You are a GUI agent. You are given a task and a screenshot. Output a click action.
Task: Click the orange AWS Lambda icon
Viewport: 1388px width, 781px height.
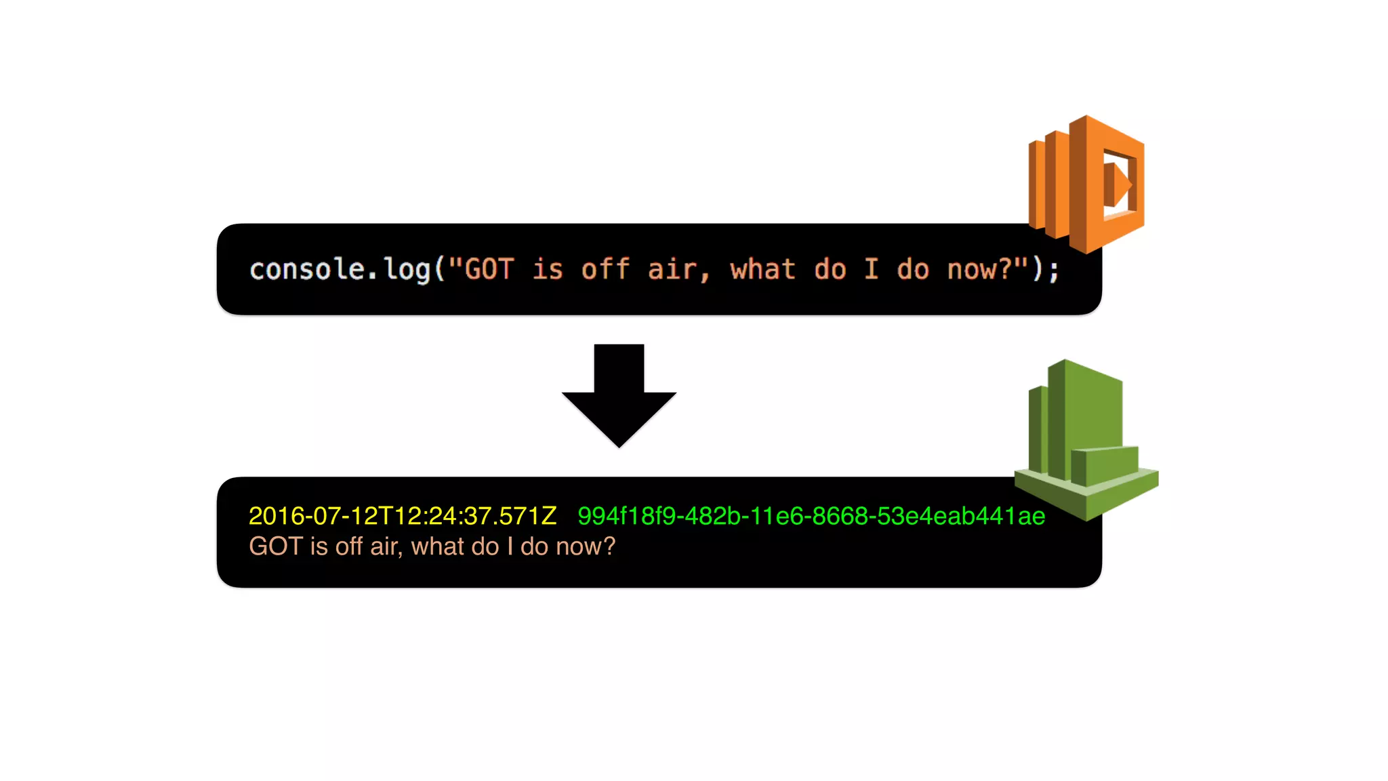1087,184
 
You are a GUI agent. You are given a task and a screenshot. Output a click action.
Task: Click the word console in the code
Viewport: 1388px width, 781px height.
308,269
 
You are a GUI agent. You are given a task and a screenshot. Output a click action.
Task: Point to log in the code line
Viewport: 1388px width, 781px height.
407,270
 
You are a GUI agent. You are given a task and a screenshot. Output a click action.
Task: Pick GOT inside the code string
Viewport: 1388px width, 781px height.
489,269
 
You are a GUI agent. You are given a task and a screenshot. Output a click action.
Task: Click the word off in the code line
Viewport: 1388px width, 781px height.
605,269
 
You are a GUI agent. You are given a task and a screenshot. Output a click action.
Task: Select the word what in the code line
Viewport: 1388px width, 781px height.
762,269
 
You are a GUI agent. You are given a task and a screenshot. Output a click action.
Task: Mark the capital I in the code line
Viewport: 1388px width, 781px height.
872,269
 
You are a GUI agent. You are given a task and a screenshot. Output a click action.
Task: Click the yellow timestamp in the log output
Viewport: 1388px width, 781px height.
403,516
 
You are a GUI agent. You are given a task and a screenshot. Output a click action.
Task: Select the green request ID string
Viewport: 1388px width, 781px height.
811,516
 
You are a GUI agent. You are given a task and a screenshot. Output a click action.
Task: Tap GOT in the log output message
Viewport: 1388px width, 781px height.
275,546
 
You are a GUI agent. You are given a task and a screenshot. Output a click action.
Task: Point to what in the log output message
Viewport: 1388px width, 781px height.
440,546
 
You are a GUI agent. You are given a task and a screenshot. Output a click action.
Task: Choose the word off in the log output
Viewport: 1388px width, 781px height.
349,546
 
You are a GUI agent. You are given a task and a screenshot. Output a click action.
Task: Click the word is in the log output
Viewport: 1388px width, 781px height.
319,546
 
